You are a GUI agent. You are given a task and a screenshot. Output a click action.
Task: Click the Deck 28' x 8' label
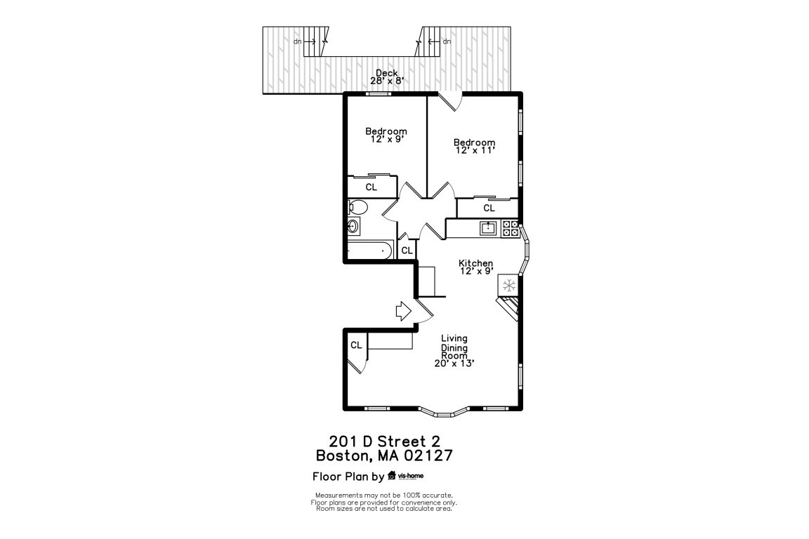386,77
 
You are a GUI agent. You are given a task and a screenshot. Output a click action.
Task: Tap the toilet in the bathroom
357,207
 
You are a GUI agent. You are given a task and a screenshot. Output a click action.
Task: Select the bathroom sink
353,227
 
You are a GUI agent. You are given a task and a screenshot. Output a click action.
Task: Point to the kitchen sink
488,227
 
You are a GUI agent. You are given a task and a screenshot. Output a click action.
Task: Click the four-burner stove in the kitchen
511,227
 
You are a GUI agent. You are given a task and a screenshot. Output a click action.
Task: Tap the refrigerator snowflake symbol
508,286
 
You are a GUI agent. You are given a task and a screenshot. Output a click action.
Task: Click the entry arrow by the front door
403,311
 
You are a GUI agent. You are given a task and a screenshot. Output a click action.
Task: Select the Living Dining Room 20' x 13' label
454,351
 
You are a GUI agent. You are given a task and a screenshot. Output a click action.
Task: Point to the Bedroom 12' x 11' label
474,147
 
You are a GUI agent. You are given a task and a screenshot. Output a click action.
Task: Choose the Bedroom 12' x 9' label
386,135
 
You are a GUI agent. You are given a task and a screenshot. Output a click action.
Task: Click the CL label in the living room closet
356,345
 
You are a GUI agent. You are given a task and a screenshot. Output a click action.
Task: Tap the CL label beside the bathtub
406,250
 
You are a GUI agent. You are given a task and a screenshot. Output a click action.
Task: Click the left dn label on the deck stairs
298,41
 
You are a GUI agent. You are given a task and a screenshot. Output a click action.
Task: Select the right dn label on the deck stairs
447,41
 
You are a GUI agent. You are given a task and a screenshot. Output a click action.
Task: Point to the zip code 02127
423,455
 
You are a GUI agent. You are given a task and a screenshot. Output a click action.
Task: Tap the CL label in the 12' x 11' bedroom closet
489,208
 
